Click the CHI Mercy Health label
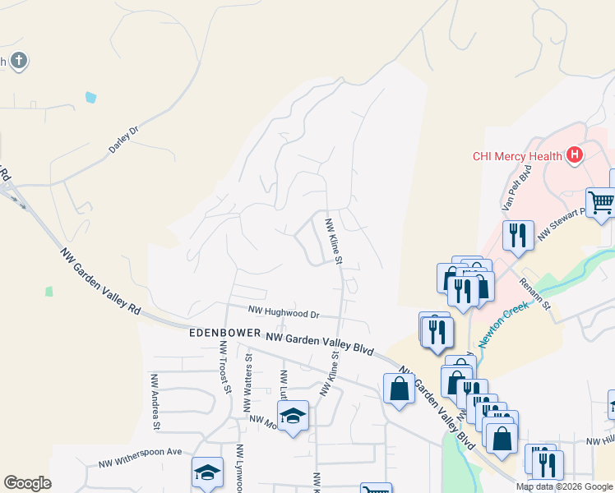(516, 156)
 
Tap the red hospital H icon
(575, 154)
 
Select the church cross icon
(20, 60)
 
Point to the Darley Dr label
(124, 140)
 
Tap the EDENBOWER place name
(224, 334)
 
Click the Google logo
(27, 483)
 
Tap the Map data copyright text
(564, 486)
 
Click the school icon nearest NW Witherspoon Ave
(207, 472)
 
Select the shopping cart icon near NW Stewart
(600, 201)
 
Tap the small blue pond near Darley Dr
(90, 97)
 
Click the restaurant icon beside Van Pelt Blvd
(518, 235)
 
